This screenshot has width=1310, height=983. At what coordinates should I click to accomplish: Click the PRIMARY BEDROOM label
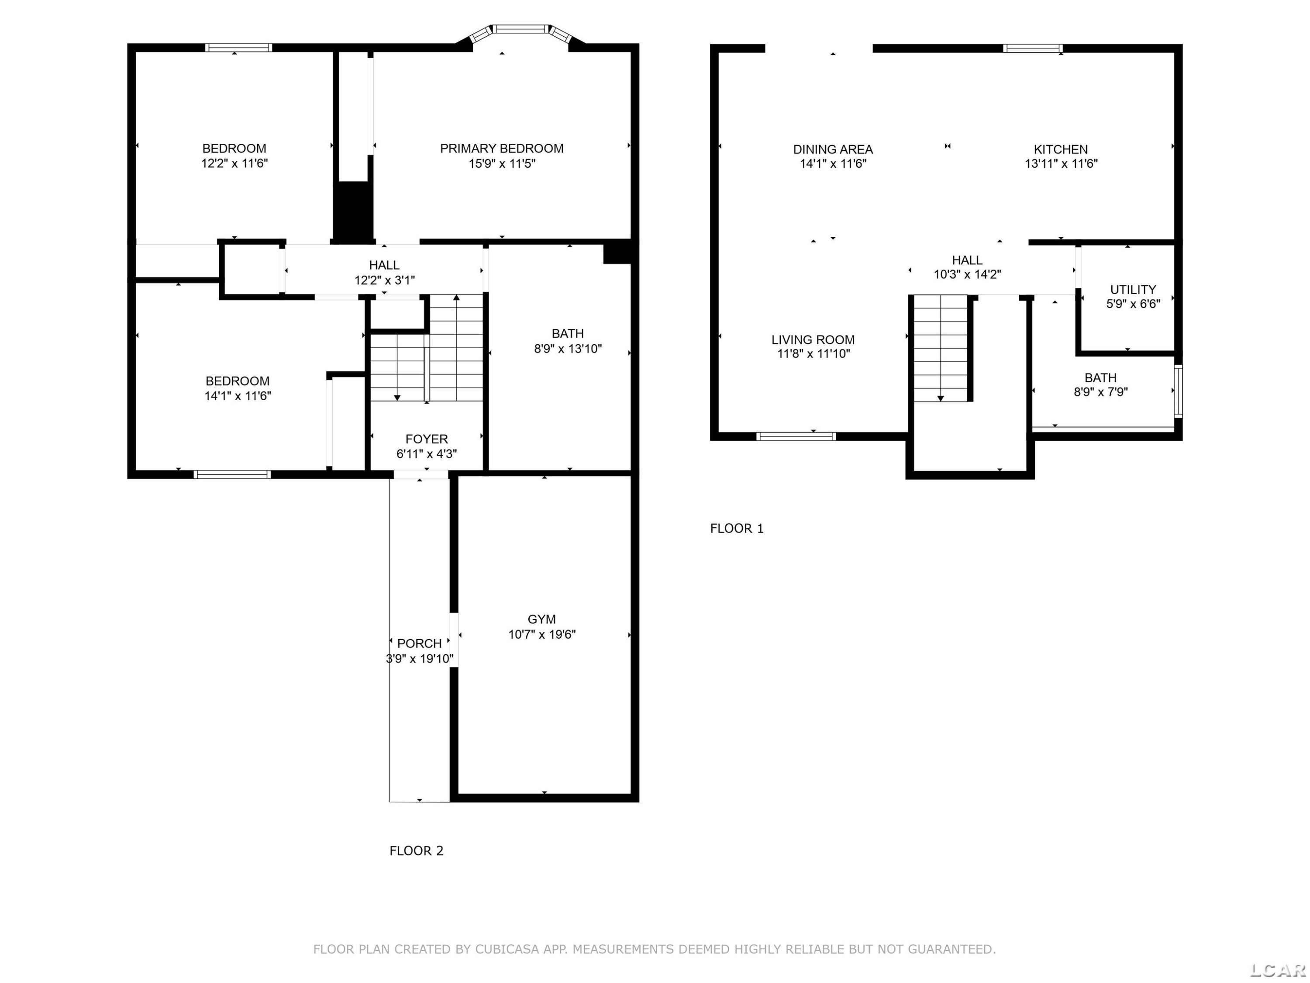click(x=502, y=148)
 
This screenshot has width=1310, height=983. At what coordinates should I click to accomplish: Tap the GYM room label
click(x=542, y=619)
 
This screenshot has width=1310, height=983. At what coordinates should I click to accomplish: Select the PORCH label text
click(x=419, y=644)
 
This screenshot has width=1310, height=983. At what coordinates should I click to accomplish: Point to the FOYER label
click(x=426, y=439)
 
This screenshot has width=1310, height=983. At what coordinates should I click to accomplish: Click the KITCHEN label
click(x=1061, y=149)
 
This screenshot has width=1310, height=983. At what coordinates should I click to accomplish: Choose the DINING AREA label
click(x=833, y=149)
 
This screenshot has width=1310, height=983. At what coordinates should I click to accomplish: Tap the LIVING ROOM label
click(x=813, y=339)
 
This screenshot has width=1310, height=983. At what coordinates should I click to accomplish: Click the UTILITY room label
click(x=1133, y=290)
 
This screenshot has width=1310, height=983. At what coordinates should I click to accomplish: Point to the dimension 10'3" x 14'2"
click(x=968, y=274)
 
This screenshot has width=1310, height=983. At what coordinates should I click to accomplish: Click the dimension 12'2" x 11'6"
click(x=234, y=163)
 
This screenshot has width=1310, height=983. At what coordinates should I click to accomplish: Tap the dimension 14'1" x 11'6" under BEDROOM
click(x=238, y=396)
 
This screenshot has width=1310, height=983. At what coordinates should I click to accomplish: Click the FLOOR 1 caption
click(x=737, y=529)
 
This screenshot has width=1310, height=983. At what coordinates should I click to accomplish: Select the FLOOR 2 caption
click(x=416, y=851)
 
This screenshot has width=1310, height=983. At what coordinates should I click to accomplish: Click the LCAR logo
click(x=1277, y=969)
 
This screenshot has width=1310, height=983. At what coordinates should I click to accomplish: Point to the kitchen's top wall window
click(x=1033, y=48)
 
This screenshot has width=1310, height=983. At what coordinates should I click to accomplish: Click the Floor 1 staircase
click(x=941, y=348)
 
